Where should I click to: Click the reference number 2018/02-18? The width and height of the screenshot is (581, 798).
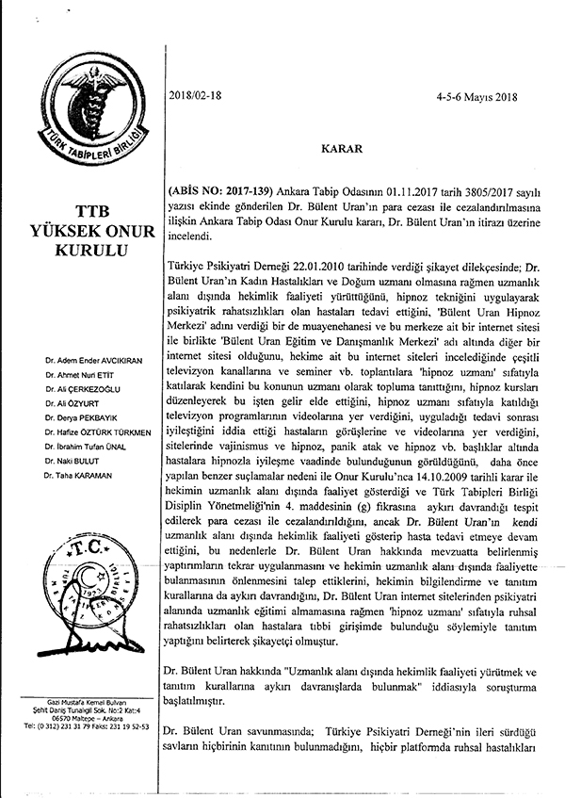(196, 94)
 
